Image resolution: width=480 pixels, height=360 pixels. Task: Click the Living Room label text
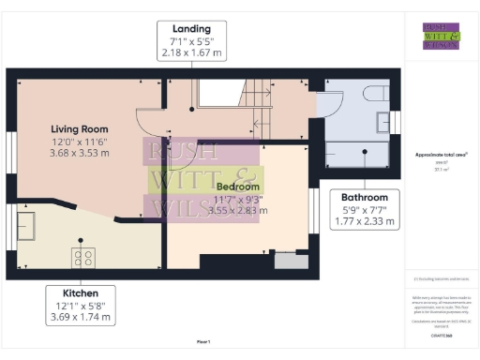click(x=79, y=128)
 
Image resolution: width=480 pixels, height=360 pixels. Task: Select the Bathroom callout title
click(x=365, y=198)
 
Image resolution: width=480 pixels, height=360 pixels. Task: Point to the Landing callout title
click(x=191, y=29)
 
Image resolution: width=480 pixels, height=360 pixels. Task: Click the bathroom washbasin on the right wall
click(x=384, y=122)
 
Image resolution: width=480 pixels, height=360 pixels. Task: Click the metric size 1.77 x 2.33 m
click(x=365, y=222)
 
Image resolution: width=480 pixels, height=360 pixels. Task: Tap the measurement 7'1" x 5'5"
click(x=191, y=42)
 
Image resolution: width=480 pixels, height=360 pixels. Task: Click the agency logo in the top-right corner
click(x=441, y=35)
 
